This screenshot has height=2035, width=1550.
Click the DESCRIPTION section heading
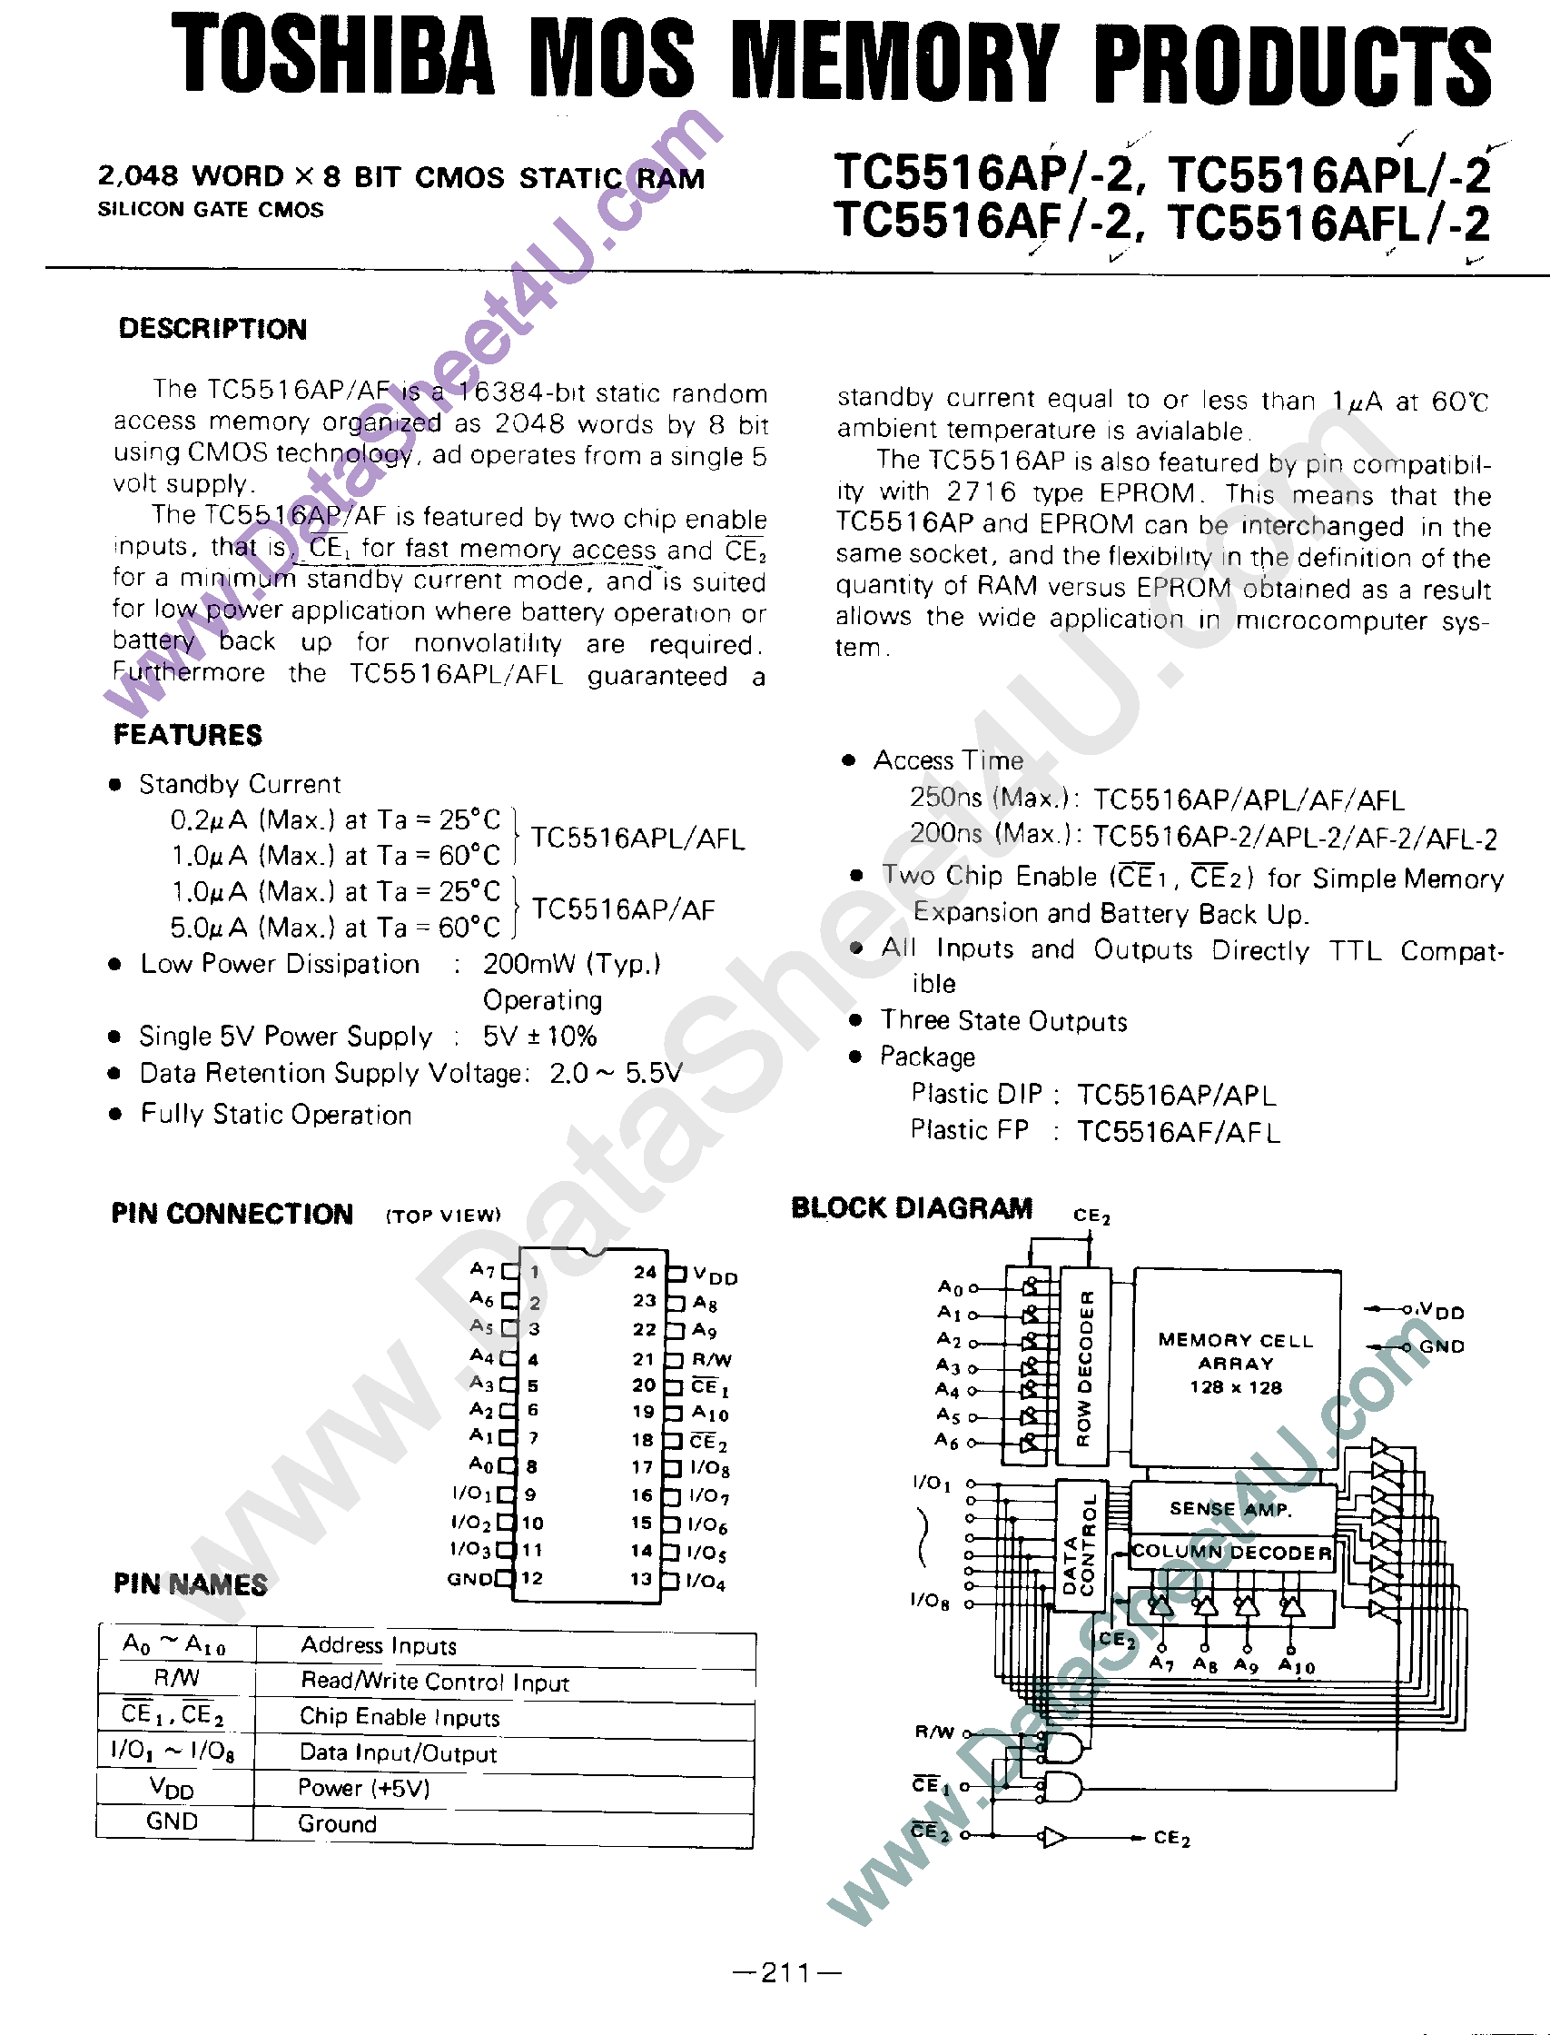coord(212,329)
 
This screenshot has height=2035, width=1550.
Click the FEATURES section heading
coord(187,735)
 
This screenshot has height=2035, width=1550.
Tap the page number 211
coord(786,1973)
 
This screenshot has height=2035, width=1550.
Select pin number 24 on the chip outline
coord(645,1272)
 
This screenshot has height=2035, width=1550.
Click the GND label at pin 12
coord(470,1579)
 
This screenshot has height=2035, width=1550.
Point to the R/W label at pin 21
coord(711,1359)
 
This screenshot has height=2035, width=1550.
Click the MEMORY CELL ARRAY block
coord(1236,1363)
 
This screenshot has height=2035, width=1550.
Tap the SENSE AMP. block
coord(1230,1509)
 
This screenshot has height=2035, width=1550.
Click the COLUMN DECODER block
coord(1231,1553)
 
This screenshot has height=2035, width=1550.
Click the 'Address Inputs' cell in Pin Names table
coord(379,1645)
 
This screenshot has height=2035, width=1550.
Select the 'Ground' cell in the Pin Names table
coord(337,1823)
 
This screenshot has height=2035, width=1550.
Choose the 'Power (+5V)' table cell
coord(363,1789)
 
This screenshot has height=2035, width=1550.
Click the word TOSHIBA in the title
coord(333,57)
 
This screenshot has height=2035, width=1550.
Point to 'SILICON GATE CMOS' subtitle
coord(211,211)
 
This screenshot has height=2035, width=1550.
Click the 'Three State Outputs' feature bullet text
coord(1002,1021)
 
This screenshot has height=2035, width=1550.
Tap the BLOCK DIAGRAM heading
coord(912,1208)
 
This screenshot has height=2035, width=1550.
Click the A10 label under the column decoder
coord(1297,1666)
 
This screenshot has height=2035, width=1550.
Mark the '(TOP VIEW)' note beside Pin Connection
coord(444,1216)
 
